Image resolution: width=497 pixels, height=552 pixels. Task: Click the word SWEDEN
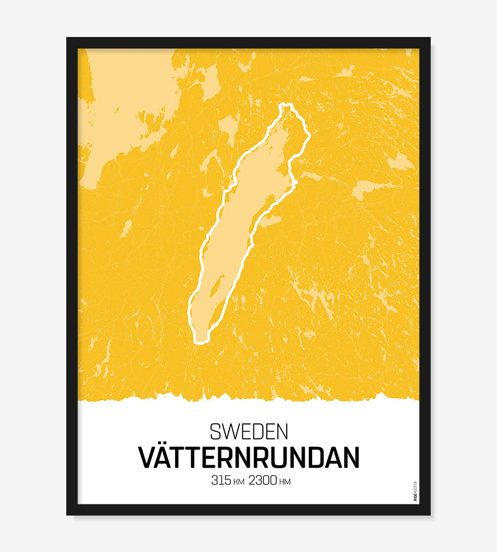(248, 431)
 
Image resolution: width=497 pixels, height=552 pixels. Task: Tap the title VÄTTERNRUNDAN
(248, 457)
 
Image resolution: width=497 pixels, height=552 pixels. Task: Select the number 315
(220, 481)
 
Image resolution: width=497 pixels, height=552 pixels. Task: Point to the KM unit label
(239, 482)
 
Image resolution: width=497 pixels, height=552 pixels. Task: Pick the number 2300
(263, 481)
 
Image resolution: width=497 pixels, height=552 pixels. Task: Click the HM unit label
(285, 482)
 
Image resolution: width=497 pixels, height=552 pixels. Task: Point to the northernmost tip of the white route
(285, 104)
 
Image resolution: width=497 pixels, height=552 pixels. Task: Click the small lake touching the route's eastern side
(269, 221)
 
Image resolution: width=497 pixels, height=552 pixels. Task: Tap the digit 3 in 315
(214, 481)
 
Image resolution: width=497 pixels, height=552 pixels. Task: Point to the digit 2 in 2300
(252, 481)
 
